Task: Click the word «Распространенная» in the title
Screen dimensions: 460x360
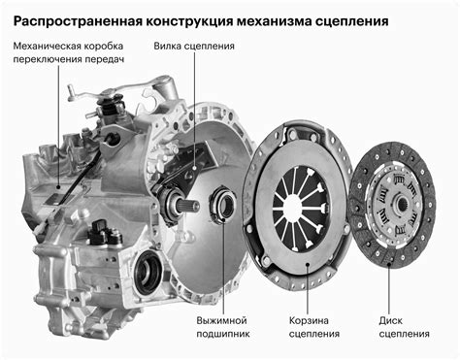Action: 78,21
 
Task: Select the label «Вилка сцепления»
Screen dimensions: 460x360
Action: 194,46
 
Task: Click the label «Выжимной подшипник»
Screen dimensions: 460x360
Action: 223,327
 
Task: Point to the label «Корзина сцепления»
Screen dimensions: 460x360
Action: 314,327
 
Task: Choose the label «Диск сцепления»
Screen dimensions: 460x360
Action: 405,327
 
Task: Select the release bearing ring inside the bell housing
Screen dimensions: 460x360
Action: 223,205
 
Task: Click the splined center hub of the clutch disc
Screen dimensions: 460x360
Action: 401,204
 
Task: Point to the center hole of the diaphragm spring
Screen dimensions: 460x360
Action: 293,206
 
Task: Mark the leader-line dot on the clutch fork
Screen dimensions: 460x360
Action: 194,168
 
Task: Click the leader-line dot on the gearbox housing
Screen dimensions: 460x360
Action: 58,186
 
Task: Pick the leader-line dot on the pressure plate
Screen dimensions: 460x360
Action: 308,264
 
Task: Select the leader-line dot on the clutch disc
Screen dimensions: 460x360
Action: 389,265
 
